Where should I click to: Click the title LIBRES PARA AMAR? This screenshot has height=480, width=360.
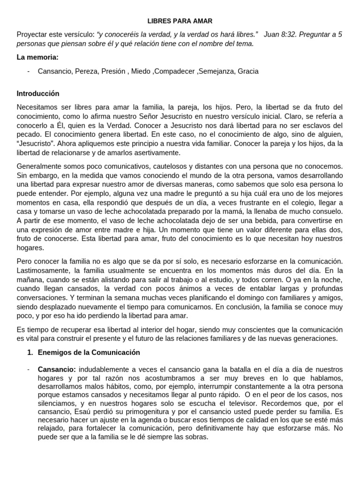coord(180,21)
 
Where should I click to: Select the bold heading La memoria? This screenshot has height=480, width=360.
coord(37,57)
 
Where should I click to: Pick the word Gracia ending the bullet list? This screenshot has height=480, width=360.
coord(248,71)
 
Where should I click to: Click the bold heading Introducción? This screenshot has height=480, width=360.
coord(38,93)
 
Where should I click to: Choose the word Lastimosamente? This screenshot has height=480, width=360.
coord(43,270)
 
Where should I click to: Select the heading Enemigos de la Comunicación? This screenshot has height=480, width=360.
coord(89,352)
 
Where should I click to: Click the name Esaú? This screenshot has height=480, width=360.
coord(85,412)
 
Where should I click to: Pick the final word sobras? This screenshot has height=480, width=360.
coord(196,437)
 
